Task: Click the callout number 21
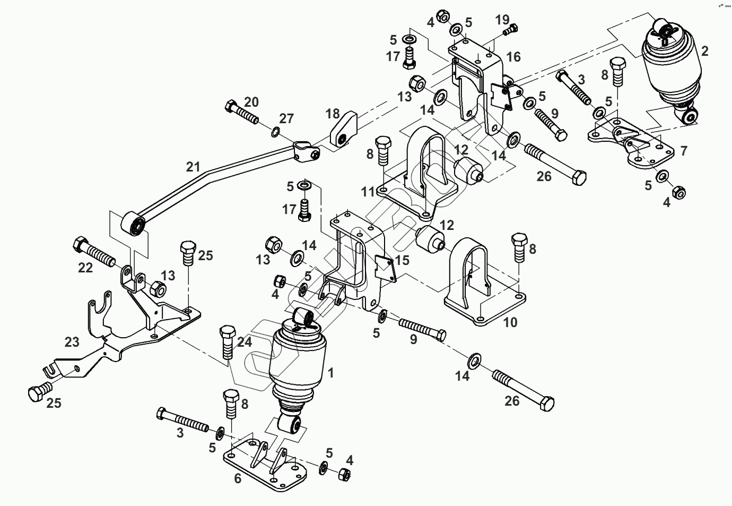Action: point(193,167)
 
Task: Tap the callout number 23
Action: point(72,342)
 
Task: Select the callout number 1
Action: point(330,373)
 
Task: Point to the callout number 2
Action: point(705,52)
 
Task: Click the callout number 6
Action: point(238,478)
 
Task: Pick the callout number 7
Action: point(684,150)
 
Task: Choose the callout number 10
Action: point(510,322)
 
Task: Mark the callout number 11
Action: point(368,192)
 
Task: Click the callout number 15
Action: point(402,260)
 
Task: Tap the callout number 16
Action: point(513,57)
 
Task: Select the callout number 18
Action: point(333,114)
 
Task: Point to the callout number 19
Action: point(502,20)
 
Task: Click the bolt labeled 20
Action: point(242,112)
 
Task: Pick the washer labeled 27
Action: point(275,132)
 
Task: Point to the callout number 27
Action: point(286,118)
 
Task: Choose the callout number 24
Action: point(245,342)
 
